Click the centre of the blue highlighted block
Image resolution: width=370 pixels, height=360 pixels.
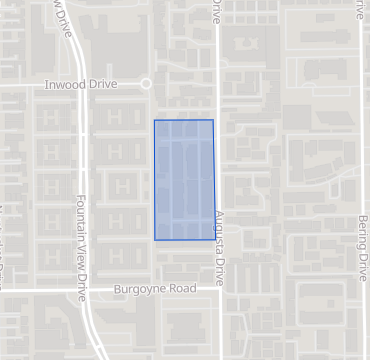pyautogui.click(x=184, y=180)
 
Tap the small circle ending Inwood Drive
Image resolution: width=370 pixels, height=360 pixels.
pyautogui.click(x=145, y=85)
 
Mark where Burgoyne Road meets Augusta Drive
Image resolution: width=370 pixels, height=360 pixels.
pyautogui.click(x=219, y=288)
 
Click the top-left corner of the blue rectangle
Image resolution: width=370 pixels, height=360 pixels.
pyautogui.click(x=154, y=121)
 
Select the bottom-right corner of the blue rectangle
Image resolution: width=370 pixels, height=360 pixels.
pyautogui.click(x=216, y=239)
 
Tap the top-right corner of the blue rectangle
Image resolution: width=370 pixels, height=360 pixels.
pyautogui.click(x=213, y=120)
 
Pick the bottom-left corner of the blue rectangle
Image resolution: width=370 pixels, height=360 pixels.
pyautogui.click(x=154, y=240)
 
